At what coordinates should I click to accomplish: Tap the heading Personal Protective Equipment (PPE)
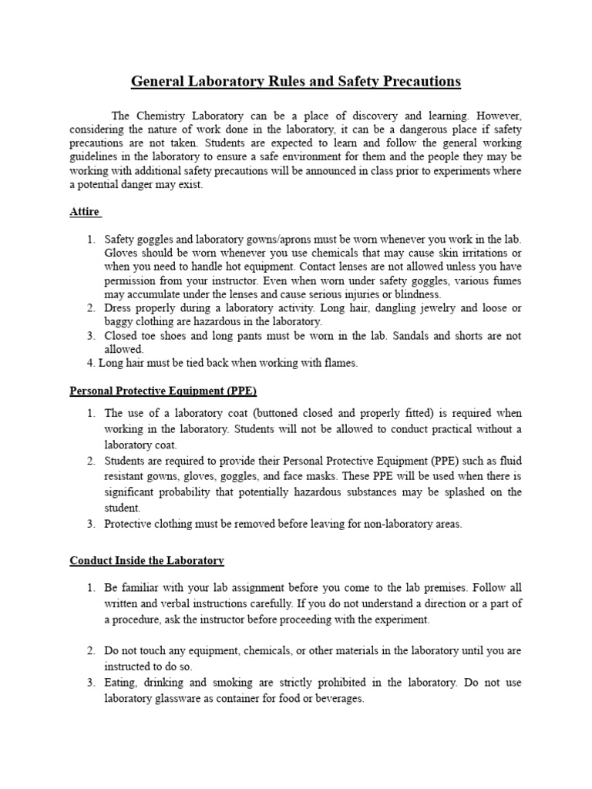[163, 391]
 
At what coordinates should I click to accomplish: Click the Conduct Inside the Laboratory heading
[146, 560]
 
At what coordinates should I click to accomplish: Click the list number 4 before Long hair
[90, 364]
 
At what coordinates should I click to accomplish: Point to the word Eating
[121, 683]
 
